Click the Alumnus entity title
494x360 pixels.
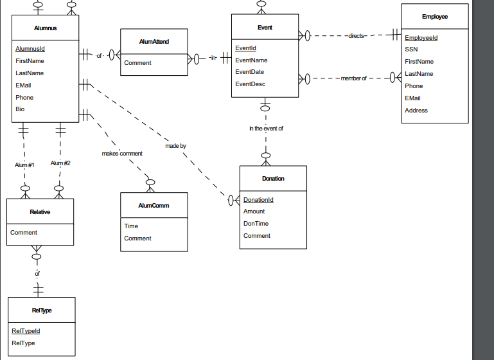click(46, 28)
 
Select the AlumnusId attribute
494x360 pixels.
click(30, 49)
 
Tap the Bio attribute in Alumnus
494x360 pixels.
click(20, 109)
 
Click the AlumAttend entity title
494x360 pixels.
click(154, 42)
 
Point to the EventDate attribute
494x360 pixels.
click(249, 72)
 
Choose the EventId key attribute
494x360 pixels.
click(246, 48)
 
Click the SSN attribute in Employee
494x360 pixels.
click(412, 49)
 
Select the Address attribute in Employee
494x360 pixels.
click(416, 111)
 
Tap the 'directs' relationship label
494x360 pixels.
click(357, 36)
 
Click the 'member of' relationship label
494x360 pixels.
click(354, 78)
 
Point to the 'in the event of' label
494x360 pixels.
click(266, 129)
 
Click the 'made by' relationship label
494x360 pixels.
click(176, 146)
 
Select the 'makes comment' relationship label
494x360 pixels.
click(122, 154)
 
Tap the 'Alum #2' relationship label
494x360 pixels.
click(60, 163)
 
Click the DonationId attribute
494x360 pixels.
click(258, 200)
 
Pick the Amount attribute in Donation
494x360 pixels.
click(254, 212)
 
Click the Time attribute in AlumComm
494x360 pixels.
click(131, 226)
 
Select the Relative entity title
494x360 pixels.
click(40, 212)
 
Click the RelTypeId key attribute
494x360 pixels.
click(26, 331)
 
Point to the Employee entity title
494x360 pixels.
click(435, 17)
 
